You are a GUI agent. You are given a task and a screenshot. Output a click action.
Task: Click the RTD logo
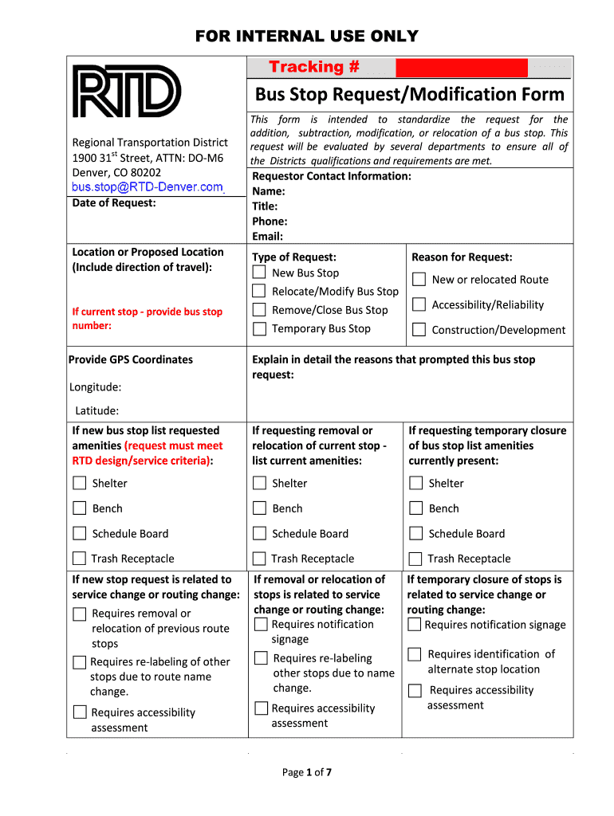coord(127,91)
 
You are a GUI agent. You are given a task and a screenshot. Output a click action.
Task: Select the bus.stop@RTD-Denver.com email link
coord(148,187)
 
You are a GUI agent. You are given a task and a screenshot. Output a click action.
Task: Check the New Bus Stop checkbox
coord(259,273)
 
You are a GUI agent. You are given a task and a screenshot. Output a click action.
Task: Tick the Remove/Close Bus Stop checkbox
coord(259,310)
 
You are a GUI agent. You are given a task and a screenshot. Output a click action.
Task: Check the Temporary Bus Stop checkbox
coord(259,328)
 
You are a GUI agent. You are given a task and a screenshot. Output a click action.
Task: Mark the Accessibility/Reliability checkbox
coord(419,304)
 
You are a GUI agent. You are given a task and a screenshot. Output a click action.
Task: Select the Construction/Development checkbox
coord(419,330)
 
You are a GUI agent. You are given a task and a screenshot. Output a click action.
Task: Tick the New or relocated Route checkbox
coord(419,279)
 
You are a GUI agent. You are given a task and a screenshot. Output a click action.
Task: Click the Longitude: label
coord(95,387)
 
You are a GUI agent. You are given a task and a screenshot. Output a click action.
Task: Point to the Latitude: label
coord(96,410)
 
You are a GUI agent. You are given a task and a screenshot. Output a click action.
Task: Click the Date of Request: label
coord(114,203)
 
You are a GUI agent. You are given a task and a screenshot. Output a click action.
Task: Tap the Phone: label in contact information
coord(270,222)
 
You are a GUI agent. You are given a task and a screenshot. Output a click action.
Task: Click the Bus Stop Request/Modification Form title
coord(409,95)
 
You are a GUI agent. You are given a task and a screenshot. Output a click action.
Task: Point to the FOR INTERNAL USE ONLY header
coord(307,36)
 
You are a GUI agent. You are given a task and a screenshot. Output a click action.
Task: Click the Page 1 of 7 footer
coord(307,772)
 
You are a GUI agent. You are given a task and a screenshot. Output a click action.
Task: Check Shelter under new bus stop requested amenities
coord(80,483)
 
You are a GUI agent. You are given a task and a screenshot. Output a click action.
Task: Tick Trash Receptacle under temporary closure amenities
coord(415,559)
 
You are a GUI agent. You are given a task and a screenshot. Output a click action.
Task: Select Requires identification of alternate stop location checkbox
coord(414,654)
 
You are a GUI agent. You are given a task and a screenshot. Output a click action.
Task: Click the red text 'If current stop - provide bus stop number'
coord(147,319)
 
